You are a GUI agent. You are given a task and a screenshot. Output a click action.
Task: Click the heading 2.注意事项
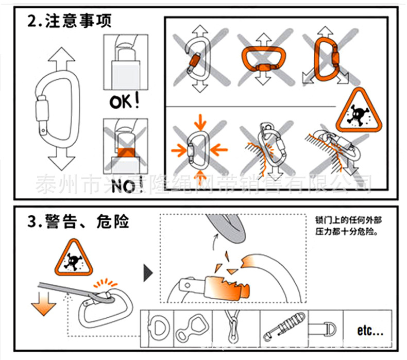pos(69,22)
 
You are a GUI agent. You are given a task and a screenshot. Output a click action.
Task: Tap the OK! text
pos(124,101)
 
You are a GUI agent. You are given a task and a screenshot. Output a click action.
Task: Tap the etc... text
pos(370,330)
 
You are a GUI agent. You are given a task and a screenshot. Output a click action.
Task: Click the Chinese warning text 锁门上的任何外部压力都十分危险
pos(349,225)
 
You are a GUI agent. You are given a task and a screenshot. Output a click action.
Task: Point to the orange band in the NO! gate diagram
pos(123,152)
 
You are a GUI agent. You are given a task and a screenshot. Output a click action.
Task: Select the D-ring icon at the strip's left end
pos(157,327)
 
